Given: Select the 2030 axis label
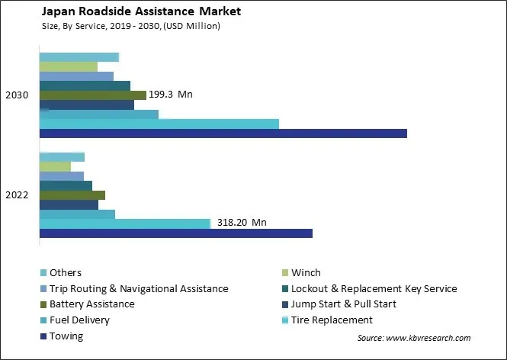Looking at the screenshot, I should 17,95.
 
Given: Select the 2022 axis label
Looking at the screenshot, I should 17,194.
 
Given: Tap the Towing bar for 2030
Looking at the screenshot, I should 223,133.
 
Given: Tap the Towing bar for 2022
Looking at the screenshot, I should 175,233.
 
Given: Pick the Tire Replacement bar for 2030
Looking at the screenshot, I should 159,124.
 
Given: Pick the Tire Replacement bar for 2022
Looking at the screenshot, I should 124,223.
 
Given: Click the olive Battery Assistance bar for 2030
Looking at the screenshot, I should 92,95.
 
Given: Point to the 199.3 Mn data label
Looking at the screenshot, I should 171,95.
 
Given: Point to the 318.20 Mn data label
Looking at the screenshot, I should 241,223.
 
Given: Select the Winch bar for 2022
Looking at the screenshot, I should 55,166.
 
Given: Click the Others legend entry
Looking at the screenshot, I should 65,272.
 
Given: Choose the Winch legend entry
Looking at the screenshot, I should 306,272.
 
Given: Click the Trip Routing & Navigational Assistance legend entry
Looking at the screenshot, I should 138,288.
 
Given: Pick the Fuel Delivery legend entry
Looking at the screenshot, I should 79,320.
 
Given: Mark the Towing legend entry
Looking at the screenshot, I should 66,336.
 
